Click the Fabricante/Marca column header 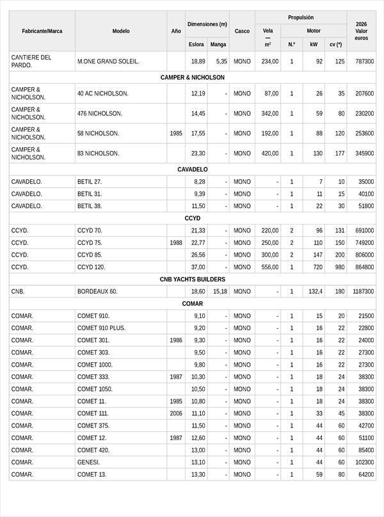(42, 31)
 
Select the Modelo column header (121, 31)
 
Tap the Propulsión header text (300, 18)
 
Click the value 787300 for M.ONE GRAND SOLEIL (364, 61)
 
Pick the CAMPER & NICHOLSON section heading (192, 77)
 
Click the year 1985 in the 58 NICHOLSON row (176, 134)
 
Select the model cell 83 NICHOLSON (99, 154)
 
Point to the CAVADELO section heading (192, 170)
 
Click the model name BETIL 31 (90, 194)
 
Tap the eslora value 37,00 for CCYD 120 (198, 267)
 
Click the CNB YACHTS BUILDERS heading (192, 279)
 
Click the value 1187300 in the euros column (363, 291)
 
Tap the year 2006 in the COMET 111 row (176, 413)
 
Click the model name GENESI (88, 462)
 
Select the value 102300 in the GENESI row (364, 462)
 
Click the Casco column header (242, 31)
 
